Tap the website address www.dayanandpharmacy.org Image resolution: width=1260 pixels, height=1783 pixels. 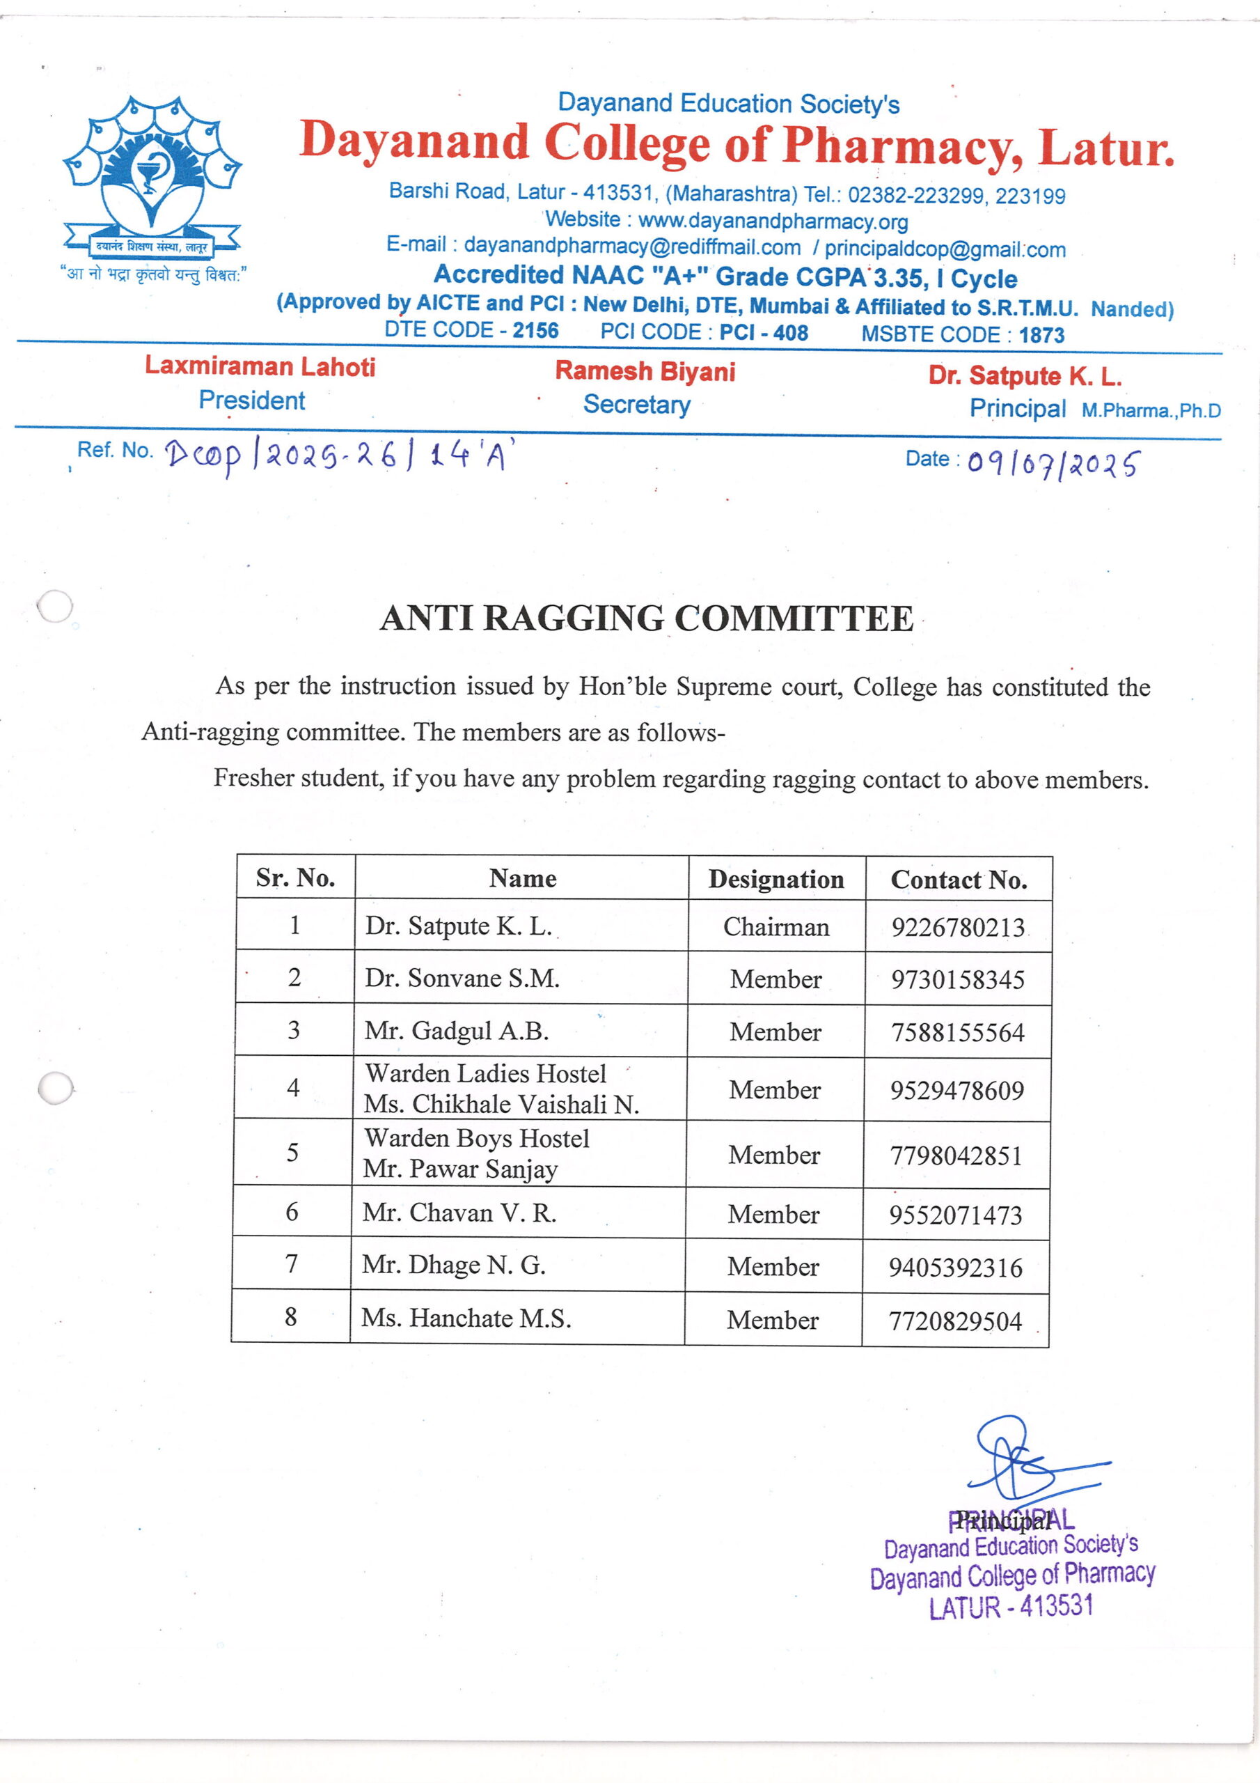pos(773,221)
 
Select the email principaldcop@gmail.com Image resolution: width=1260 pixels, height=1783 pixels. pos(945,249)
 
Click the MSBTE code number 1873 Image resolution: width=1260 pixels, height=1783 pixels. pos(1041,336)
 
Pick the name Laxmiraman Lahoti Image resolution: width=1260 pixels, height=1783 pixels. pos(260,366)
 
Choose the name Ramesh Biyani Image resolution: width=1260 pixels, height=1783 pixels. pos(645,371)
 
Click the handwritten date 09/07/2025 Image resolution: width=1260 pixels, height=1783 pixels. pos(1053,465)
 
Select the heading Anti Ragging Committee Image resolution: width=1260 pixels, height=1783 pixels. pos(646,619)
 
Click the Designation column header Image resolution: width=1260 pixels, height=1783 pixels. pos(775,879)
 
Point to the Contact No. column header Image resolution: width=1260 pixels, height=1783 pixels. pos(959,880)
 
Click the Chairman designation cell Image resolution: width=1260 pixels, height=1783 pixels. pos(775,926)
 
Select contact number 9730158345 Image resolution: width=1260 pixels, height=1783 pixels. pos(957,980)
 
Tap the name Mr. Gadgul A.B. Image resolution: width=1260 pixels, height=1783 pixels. pos(457,1031)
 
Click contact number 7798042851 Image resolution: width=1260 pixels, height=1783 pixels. pos(956,1155)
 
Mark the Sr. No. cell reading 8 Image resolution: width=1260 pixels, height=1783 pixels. pos(291,1316)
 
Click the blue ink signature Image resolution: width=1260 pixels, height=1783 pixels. pos(1023,1459)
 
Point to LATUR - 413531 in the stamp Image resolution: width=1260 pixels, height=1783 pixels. pos(1011,1607)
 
